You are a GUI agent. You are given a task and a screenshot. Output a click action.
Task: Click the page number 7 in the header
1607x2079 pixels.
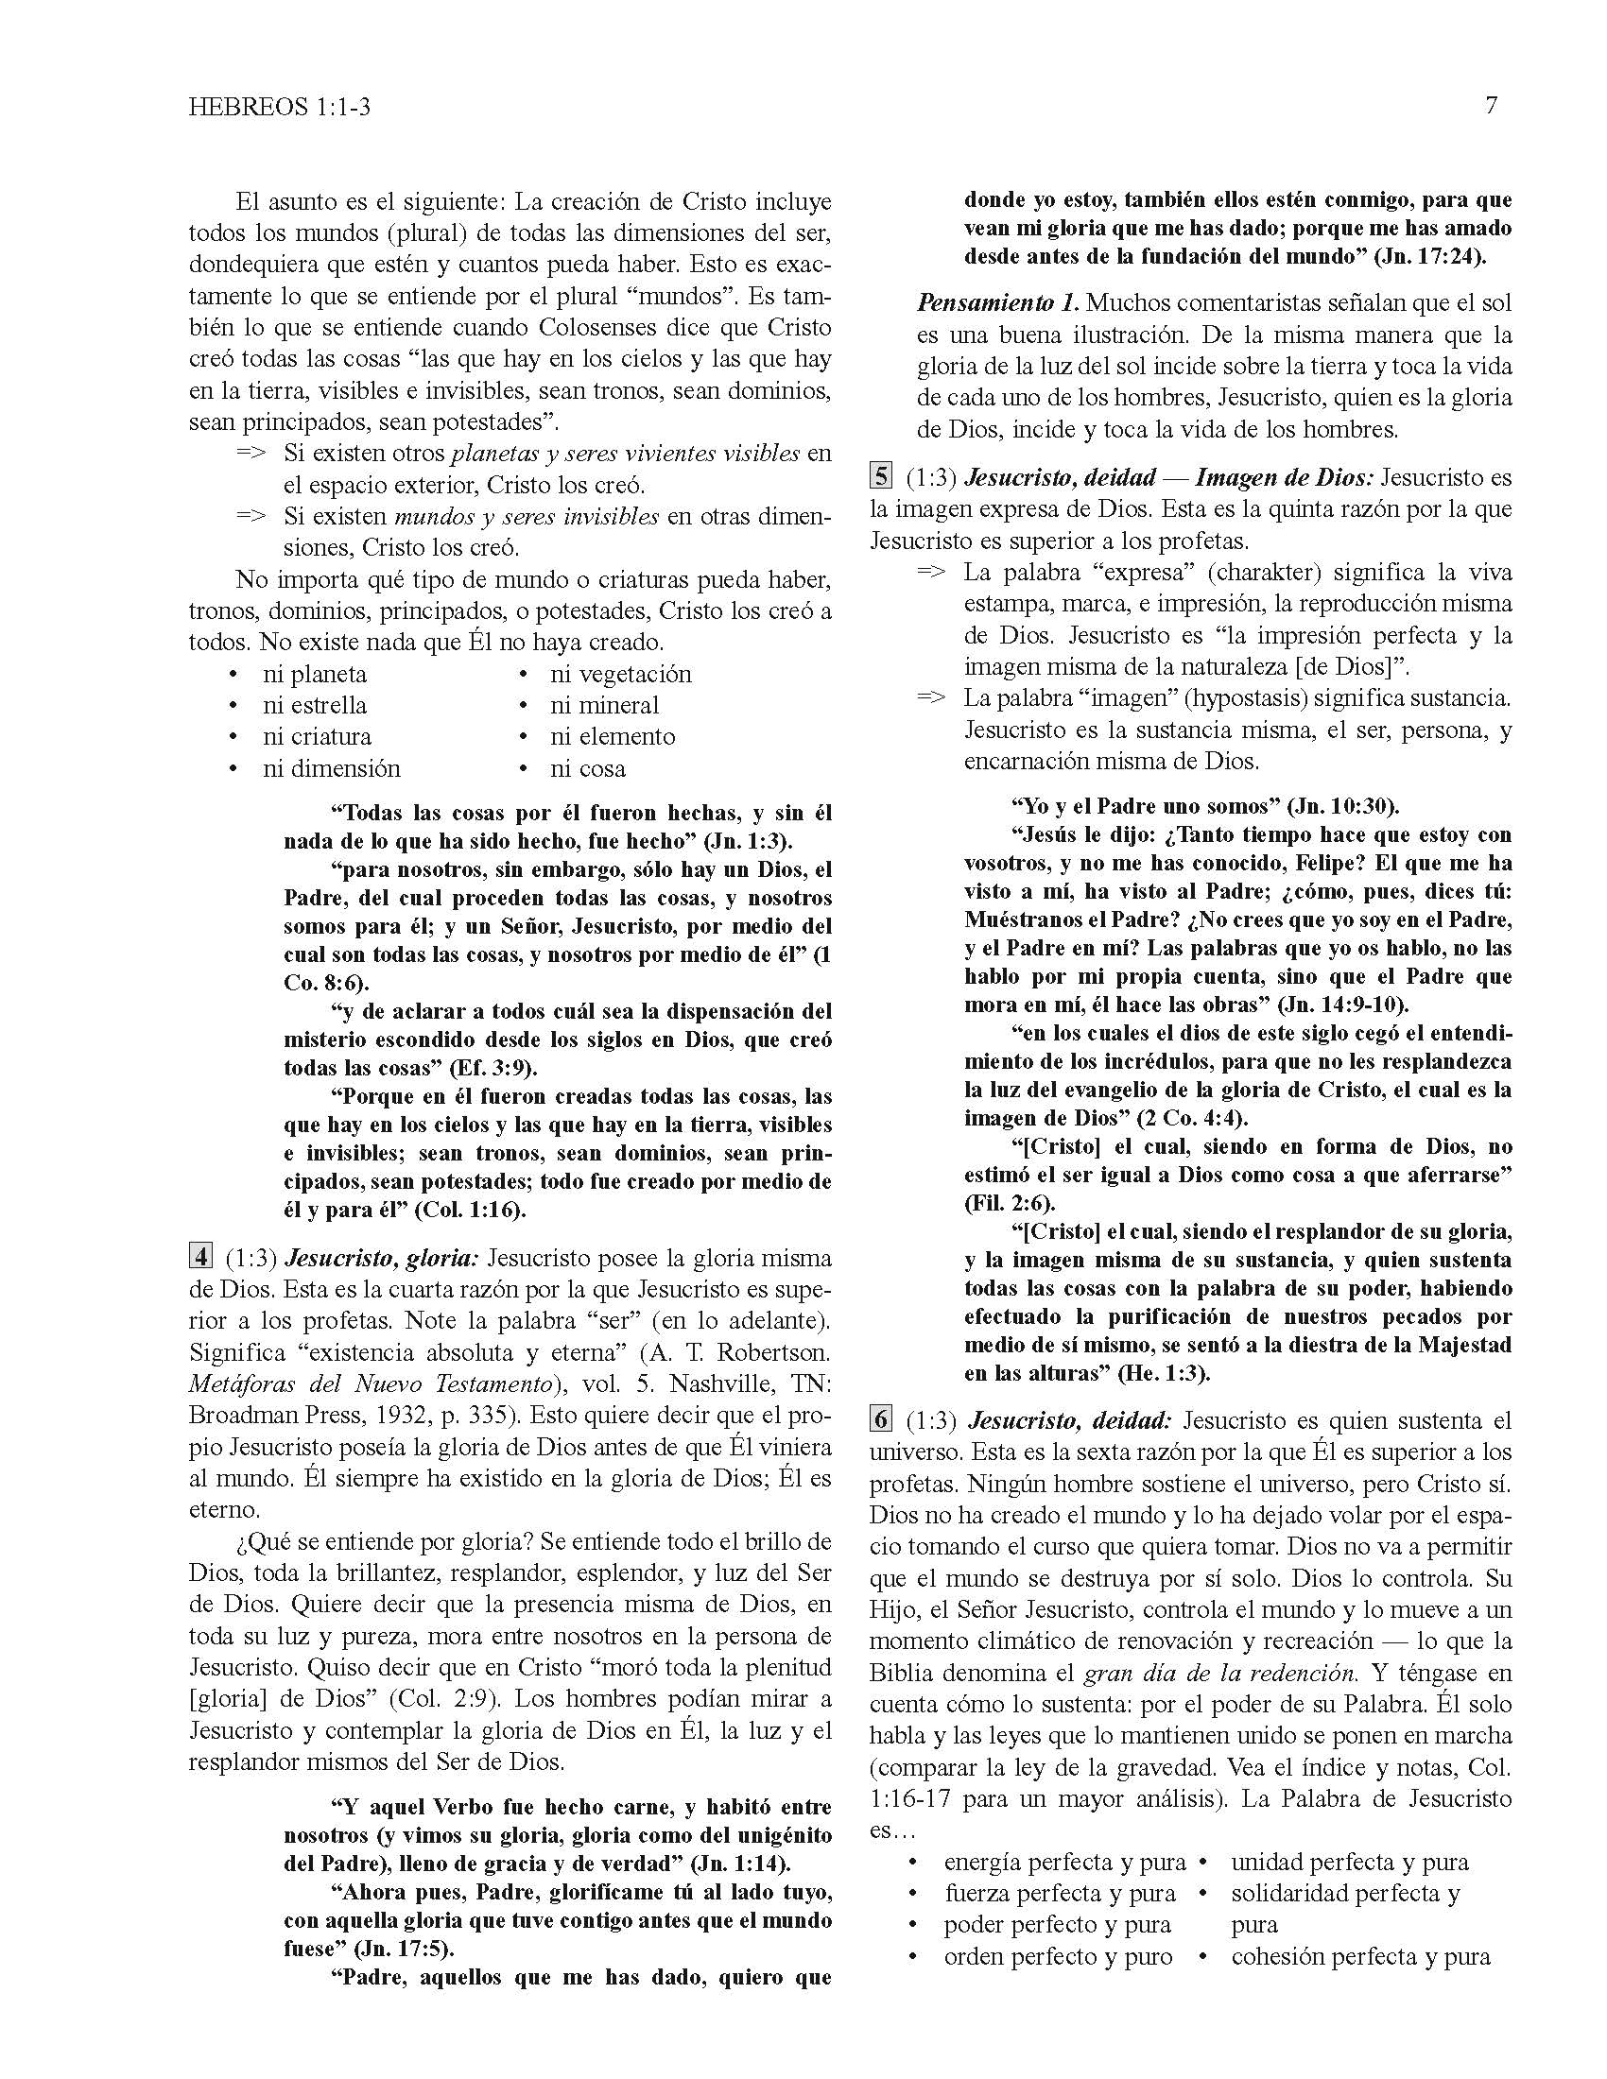point(1491,106)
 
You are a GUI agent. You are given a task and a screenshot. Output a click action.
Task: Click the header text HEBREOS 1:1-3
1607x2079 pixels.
point(279,108)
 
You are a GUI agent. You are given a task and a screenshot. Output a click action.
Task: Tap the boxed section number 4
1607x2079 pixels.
point(199,1257)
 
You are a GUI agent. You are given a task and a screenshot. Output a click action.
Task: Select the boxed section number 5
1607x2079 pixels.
point(881,476)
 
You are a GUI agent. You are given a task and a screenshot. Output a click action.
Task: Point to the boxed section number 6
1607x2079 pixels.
point(881,1419)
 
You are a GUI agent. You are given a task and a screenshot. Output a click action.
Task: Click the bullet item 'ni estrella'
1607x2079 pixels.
point(314,705)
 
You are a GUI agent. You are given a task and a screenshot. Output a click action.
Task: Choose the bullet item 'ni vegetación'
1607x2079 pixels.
point(620,674)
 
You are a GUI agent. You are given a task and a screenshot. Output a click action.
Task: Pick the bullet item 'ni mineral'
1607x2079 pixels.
point(604,705)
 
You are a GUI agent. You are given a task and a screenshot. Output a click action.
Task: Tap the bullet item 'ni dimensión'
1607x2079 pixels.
point(331,768)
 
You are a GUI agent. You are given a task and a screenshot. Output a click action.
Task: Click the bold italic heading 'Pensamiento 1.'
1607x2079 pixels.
point(997,303)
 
